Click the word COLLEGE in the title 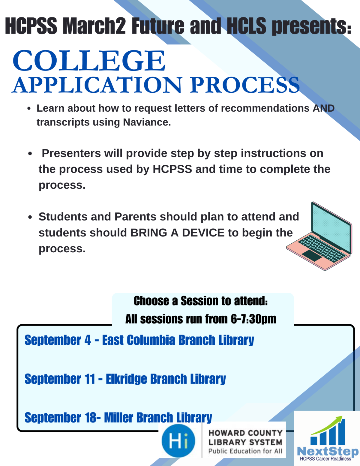pyautogui.click(x=89, y=61)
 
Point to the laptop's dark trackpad pyautogui.click(x=312, y=255)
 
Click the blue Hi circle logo pyautogui.click(x=178, y=441)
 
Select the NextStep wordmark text pyautogui.click(x=327, y=451)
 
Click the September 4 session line pyautogui.click(x=139, y=340)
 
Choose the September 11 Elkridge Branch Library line pyautogui.click(x=125, y=379)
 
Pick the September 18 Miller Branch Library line pyautogui.click(x=118, y=417)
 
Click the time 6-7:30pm pyautogui.click(x=253, y=319)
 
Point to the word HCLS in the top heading pyautogui.click(x=246, y=26)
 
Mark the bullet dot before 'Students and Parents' pyautogui.click(x=30, y=217)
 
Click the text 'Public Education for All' pyautogui.click(x=245, y=451)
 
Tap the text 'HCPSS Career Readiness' pyautogui.click(x=325, y=459)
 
